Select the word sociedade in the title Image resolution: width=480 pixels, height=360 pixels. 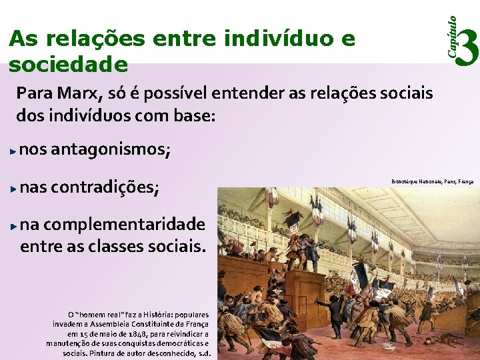pyautogui.click(x=67, y=64)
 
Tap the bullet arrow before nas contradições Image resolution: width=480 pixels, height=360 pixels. pyautogui.click(x=13, y=189)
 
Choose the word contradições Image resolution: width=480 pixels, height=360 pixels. pyautogui.click(x=105, y=189)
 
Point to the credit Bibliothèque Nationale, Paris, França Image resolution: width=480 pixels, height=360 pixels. pyautogui.click(x=432, y=181)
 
